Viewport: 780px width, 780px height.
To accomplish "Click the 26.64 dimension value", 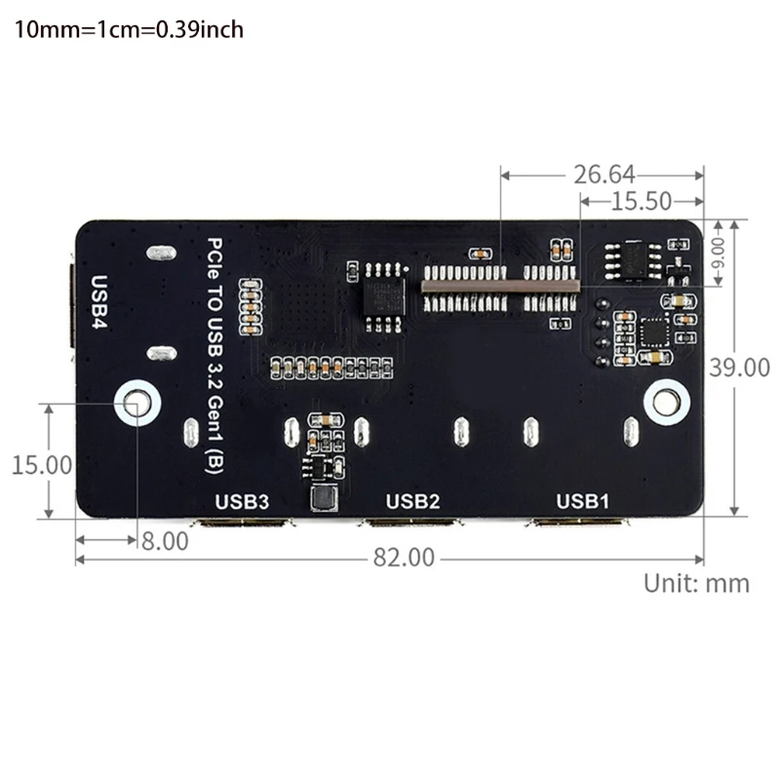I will [x=604, y=175].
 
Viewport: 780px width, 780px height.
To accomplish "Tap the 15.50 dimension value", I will [x=641, y=202].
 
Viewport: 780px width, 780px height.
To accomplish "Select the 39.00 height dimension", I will [x=738, y=368].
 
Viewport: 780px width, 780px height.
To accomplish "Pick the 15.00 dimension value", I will [x=41, y=464].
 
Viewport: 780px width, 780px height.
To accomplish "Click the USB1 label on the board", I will [x=582, y=502].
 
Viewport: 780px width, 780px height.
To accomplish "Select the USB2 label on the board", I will [x=413, y=502].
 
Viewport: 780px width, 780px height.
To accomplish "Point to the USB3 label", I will [x=242, y=502].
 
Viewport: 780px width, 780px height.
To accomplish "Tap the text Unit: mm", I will [x=696, y=583].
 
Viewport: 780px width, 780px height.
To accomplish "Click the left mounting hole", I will [x=136, y=401].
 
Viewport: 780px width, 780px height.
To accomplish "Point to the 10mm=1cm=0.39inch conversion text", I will [x=128, y=30].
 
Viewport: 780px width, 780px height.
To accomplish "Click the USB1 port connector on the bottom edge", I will [x=576, y=525].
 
